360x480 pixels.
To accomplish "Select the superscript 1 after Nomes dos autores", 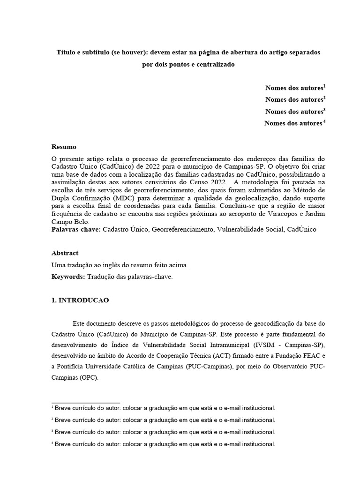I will click(x=324, y=86).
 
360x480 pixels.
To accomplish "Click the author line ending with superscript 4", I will click(x=294, y=123).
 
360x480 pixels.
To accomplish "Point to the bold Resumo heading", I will click(x=64, y=147).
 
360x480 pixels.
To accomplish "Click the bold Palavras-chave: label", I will click(x=75, y=230).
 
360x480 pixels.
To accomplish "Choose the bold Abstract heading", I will click(x=65, y=253).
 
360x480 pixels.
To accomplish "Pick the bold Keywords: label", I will click(x=68, y=277).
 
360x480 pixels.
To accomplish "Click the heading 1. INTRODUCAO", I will click(x=80, y=300).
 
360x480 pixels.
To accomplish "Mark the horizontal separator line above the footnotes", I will click(x=86, y=403).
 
